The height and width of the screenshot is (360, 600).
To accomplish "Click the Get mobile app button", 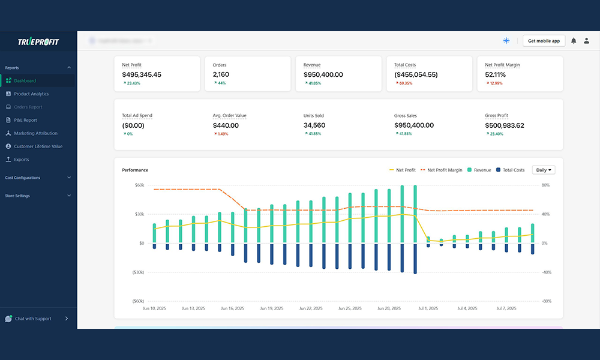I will pyautogui.click(x=544, y=41).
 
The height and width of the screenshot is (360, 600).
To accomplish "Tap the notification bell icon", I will pyautogui.click(x=574, y=41).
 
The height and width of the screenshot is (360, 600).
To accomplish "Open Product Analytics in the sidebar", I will pyautogui.click(x=31, y=94).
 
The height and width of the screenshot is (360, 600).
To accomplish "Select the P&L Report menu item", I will pyautogui.click(x=25, y=120).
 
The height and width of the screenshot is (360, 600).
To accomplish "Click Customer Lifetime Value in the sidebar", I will pyautogui.click(x=38, y=146).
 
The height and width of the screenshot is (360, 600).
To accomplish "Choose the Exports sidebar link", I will pyautogui.click(x=21, y=160).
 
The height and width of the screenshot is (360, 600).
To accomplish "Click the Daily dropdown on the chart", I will pyautogui.click(x=544, y=170).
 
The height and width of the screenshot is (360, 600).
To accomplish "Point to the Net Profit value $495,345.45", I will pyautogui.click(x=141, y=75).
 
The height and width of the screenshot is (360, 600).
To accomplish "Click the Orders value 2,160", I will pyautogui.click(x=221, y=75).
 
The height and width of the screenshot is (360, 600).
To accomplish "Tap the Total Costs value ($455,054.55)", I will pyautogui.click(x=416, y=75).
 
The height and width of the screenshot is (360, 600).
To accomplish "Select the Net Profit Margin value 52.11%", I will pyautogui.click(x=495, y=75).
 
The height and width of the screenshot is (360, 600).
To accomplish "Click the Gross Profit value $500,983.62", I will pyautogui.click(x=504, y=125).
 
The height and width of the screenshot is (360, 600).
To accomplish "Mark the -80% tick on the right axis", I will pyautogui.click(x=545, y=301).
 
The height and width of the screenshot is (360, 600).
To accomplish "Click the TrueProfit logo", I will pyautogui.click(x=38, y=41).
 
